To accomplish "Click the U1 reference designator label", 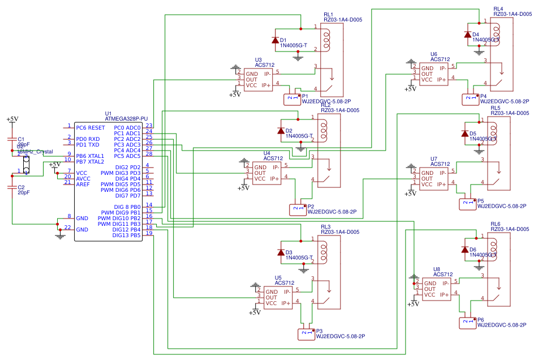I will (108, 113).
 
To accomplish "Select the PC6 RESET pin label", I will (91, 128).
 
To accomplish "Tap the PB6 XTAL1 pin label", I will (90, 156).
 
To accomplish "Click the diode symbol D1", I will (276, 40).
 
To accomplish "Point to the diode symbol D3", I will (281, 252).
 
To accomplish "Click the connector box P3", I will (306, 334).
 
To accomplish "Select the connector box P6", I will (467, 323).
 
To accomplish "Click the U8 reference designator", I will (437, 269).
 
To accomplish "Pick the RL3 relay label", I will (325, 226).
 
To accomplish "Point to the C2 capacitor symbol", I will (12, 187).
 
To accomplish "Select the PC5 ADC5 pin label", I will (127, 156).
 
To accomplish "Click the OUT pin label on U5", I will (272, 297).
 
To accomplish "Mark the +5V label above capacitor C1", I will (12, 119).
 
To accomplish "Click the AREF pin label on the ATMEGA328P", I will (83, 184).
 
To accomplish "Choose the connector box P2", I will (298, 209).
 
